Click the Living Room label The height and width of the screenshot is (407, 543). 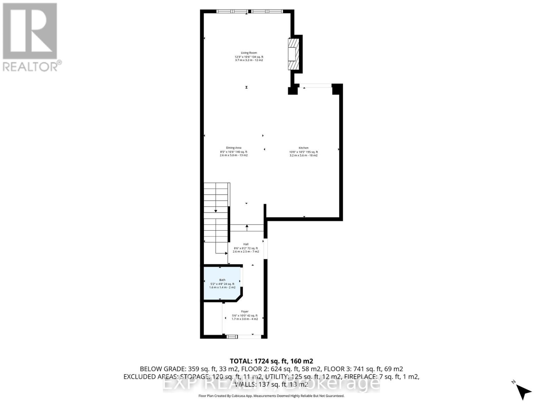coord(249,53)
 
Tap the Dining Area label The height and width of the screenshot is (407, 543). coord(233,148)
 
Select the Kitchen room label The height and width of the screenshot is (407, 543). coord(303,148)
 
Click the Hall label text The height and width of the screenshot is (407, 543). coord(246,244)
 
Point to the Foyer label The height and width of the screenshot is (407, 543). coord(245,311)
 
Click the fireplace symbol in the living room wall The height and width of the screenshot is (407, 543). coord(294,54)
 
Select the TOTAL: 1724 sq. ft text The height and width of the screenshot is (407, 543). coord(271,361)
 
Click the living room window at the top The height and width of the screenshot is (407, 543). coord(249,12)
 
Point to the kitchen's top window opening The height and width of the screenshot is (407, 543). coord(315,86)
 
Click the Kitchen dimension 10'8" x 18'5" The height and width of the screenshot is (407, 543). coord(303,152)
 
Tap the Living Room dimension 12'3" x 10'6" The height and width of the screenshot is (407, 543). coord(249,57)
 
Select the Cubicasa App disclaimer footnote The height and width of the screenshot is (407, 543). coord(271,396)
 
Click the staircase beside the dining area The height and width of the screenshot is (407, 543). coord(216,212)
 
